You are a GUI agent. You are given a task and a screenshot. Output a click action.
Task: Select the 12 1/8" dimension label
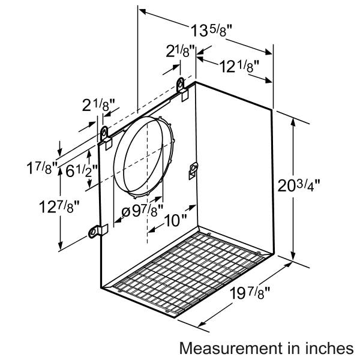pos(239,67)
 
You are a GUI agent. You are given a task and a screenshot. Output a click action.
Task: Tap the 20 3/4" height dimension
pos(298,185)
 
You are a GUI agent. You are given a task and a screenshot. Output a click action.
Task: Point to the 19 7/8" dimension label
pos(250,293)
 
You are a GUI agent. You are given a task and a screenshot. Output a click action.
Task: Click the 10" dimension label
pos(175,221)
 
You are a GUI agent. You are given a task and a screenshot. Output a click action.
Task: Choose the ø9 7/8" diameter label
pos(142,211)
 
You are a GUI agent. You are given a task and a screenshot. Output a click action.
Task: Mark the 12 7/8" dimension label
pos(59,206)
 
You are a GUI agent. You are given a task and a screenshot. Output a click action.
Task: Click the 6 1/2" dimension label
pos(82,171)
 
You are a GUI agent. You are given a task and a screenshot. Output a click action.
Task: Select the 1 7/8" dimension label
pos(42,168)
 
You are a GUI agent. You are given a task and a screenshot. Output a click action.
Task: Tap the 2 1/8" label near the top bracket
pos(180,51)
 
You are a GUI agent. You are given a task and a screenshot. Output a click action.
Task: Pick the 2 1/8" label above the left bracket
pos(98,105)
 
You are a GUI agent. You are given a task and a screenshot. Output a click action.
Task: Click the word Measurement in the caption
pos(231,348)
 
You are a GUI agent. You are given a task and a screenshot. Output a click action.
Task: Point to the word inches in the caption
pos(330,348)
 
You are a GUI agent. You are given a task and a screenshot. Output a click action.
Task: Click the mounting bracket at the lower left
pos(98,231)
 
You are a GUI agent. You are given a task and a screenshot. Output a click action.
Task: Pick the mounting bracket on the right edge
pos(193,170)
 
